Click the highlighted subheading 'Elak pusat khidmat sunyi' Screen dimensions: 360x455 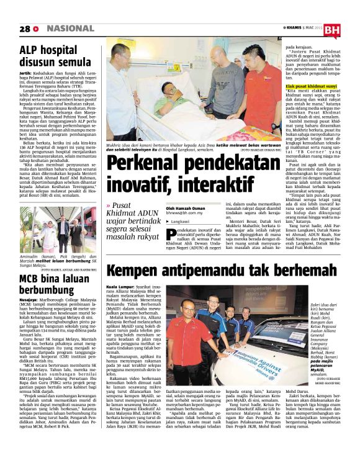click(x=312, y=86)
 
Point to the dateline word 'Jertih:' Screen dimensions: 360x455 click(x=26, y=73)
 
